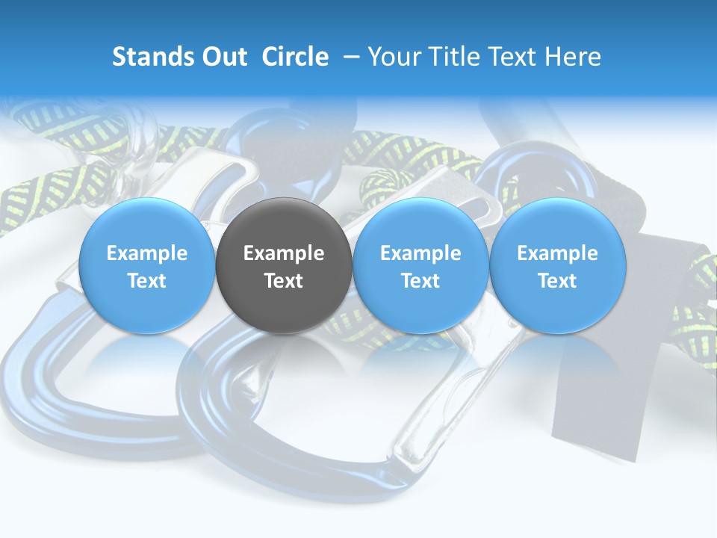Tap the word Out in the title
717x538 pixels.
(x=223, y=57)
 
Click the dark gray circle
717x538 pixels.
(x=284, y=265)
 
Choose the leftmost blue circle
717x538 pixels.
(x=147, y=265)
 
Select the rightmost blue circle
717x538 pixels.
(x=557, y=265)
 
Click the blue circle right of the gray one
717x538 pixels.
(x=420, y=265)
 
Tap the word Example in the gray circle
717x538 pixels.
(x=284, y=253)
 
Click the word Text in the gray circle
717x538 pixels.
(x=284, y=281)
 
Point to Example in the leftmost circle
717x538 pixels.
(x=147, y=253)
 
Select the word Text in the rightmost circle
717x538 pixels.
(x=557, y=281)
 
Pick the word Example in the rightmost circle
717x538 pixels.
(x=557, y=253)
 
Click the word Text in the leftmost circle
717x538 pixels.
(x=147, y=281)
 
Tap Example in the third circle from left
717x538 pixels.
(x=420, y=253)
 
